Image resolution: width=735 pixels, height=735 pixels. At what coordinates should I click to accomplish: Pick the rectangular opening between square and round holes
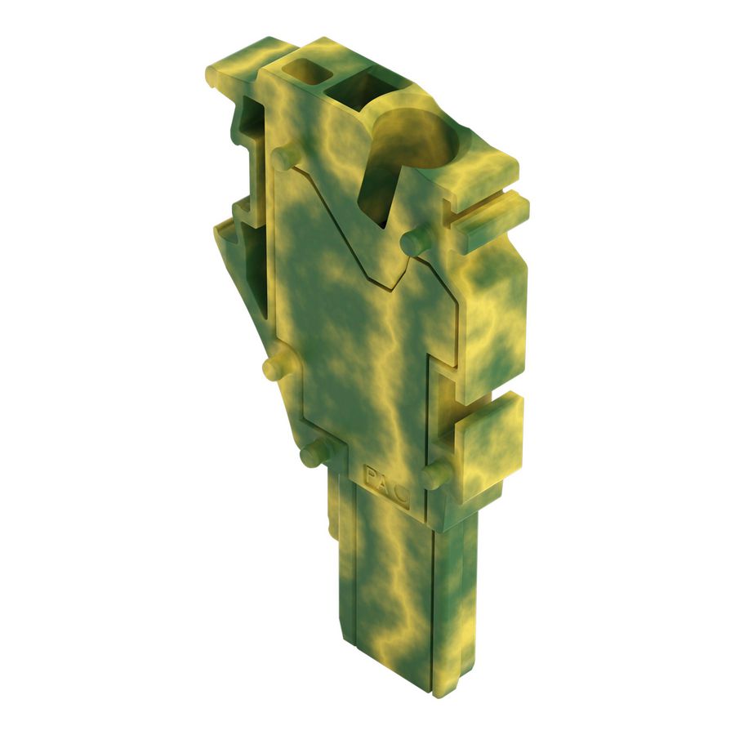point(355,90)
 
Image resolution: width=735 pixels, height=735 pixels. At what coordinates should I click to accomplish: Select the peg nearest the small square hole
point(283,158)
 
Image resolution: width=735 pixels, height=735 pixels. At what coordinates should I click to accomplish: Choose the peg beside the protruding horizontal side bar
point(416,239)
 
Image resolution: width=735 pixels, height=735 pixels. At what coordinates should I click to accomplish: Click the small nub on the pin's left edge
point(332,532)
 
